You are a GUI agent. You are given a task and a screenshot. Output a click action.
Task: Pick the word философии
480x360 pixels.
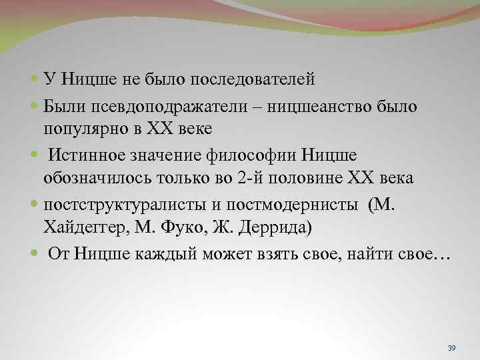click(254, 154)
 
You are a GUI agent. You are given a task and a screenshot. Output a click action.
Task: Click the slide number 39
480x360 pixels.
click(451, 348)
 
